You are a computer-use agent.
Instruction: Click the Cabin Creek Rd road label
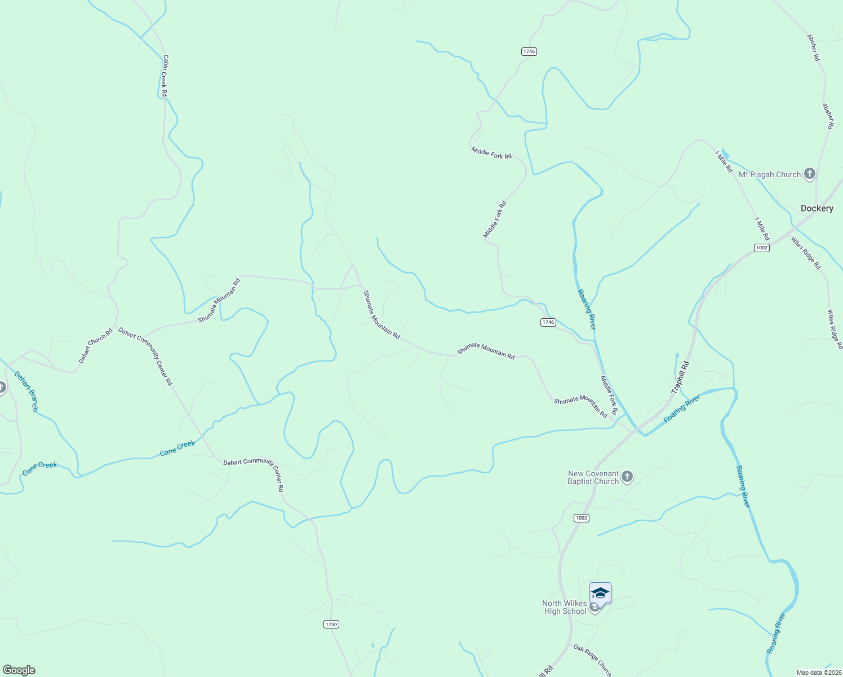click(165, 75)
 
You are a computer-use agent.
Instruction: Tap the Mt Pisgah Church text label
click(769, 175)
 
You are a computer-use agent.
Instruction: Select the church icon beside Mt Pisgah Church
click(810, 174)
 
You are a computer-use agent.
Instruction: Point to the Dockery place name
click(817, 209)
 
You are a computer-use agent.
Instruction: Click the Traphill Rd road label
click(680, 377)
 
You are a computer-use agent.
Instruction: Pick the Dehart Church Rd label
click(96, 346)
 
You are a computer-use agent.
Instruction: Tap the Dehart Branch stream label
click(26, 391)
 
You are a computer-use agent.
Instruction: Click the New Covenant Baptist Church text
click(593, 478)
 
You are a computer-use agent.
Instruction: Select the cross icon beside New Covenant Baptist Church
click(627, 478)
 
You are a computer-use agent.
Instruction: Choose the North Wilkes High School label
click(565, 608)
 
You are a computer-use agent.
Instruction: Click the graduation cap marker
click(600, 594)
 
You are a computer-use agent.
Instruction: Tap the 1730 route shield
click(331, 624)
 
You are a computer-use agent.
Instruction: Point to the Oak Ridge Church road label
click(592, 660)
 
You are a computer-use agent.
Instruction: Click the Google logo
click(19, 670)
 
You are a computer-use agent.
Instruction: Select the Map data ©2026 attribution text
click(819, 672)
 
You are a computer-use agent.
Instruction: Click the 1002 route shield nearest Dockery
click(761, 248)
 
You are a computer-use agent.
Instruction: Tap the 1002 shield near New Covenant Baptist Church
click(582, 518)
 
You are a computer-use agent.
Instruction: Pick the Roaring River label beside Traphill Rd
click(682, 408)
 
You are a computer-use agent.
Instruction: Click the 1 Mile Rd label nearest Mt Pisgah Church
click(724, 161)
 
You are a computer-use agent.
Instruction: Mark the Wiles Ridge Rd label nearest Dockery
click(805, 253)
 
